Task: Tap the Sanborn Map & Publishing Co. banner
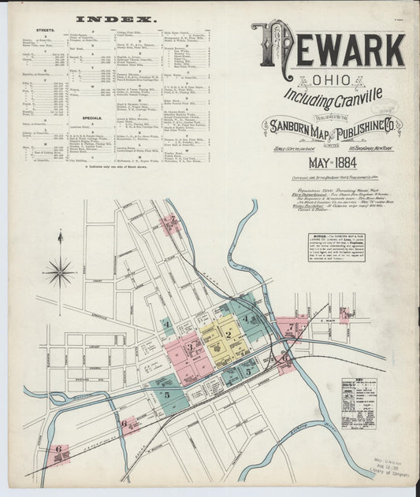point(335,126)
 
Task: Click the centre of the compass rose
point(60,272)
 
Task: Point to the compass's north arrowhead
point(60,234)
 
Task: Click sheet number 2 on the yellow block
point(228,334)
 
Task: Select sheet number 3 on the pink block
point(189,346)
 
